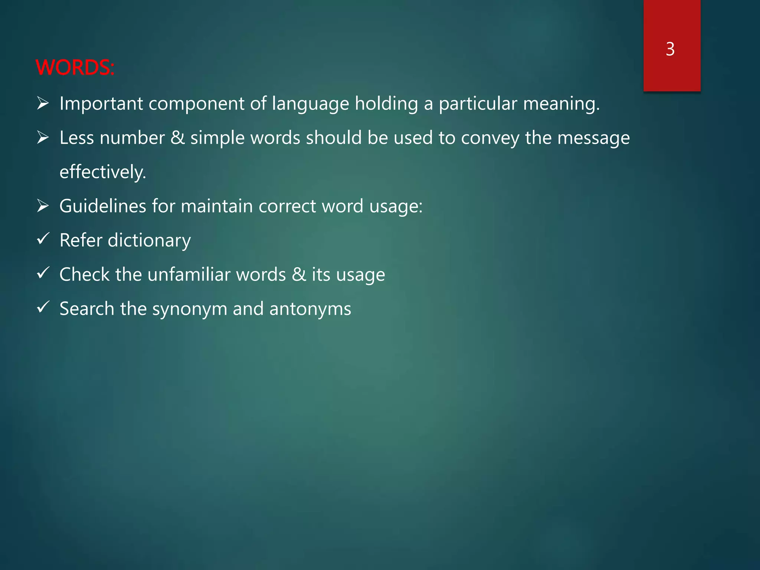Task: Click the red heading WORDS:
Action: [x=75, y=68]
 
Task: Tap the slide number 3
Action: [x=670, y=49]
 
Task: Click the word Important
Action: [x=101, y=103]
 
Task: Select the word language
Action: [x=310, y=104]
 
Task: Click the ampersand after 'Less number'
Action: [x=177, y=138]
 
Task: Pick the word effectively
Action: [x=103, y=172]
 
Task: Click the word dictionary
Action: [x=149, y=240]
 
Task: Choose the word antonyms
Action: [x=310, y=309]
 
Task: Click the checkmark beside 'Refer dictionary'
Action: [x=43, y=239]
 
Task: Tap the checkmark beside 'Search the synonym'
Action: [x=43, y=307]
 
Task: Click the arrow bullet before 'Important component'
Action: [x=43, y=103]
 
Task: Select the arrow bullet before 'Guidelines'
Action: [x=43, y=206]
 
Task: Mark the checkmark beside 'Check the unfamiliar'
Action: [x=43, y=273]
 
